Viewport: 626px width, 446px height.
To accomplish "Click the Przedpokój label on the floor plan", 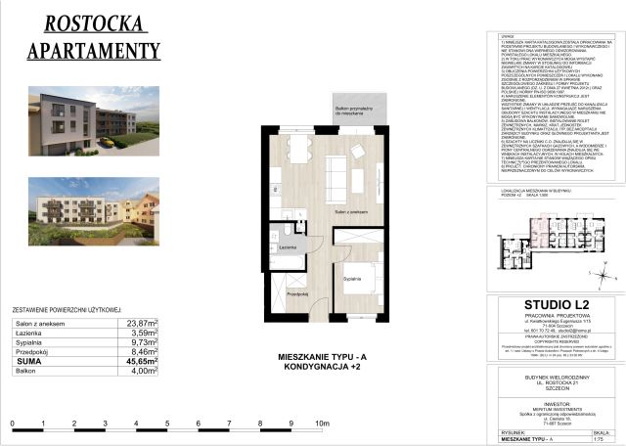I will [298, 292].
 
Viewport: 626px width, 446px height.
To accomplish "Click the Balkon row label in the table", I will [27, 372].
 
